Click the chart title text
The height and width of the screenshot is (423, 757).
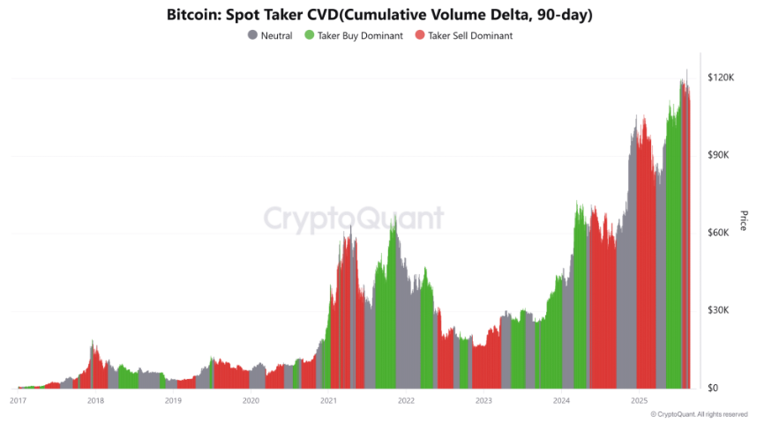(x=378, y=16)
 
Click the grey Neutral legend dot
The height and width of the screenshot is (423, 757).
(x=253, y=36)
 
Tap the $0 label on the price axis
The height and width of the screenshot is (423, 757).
(x=715, y=388)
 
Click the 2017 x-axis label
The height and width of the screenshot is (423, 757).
(x=18, y=401)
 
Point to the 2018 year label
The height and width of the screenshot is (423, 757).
(x=95, y=401)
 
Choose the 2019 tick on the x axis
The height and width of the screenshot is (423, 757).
(x=173, y=401)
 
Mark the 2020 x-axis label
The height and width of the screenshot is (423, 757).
(x=251, y=401)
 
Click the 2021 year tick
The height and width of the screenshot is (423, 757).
(x=328, y=401)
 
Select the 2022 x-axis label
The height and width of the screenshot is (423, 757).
(x=406, y=401)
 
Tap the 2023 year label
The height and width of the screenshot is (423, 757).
(x=483, y=401)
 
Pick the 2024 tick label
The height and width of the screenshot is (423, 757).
(x=561, y=401)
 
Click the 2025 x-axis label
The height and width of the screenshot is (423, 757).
(x=639, y=401)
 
